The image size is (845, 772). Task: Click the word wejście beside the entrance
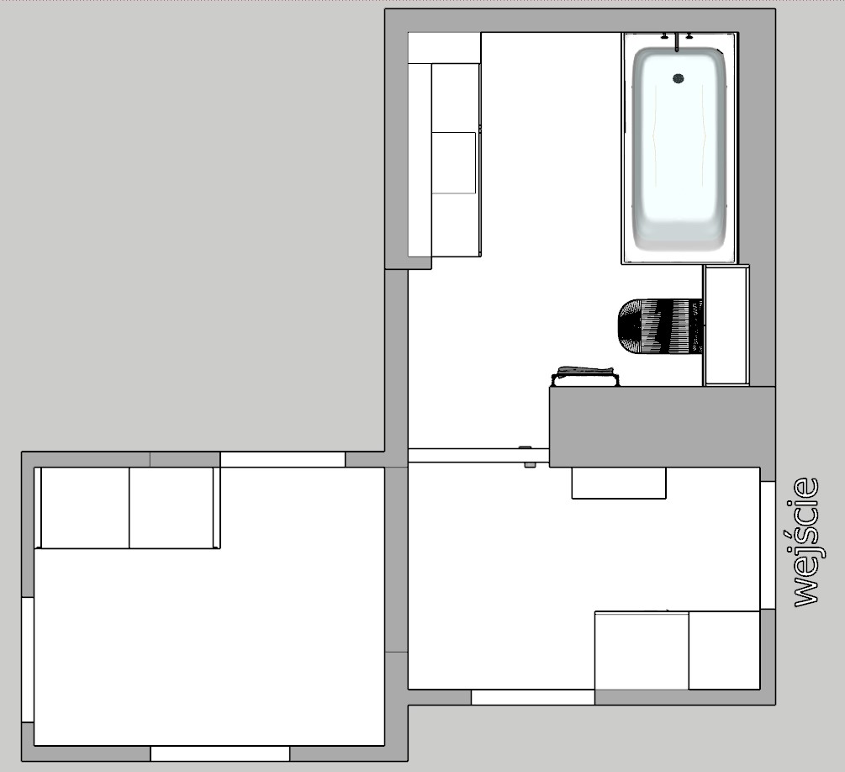click(x=806, y=542)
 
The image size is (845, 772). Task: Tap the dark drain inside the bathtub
click(x=679, y=79)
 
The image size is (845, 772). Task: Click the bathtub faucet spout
click(x=677, y=41)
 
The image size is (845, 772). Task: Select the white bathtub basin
click(x=679, y=149)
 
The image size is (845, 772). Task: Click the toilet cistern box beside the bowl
click(x=726, y=325)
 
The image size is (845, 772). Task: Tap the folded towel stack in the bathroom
click(x=584, y=377)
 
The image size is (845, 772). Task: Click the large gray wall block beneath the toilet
click(x=663, y=427)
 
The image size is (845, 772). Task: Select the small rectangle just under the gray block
click(x=619, y=483)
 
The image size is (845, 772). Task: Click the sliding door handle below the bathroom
click(x=528, y=456)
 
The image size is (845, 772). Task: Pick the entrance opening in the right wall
click(x=768, y=545)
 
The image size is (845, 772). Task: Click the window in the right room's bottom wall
click(x=533, y=697)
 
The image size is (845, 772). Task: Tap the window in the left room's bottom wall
click(x=220, y=753)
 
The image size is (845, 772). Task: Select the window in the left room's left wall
click(x=28, y=659)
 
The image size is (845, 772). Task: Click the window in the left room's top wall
click(x=283, y=459)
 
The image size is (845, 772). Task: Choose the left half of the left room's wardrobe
click(x=85, y=508)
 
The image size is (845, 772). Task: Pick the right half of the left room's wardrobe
click(x=172, y=508)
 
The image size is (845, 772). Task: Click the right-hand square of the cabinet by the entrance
click(x=724, y=650)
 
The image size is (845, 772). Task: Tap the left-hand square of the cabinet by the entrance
click(x=642, y=650)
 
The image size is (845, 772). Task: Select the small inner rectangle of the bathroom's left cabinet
click(x=454, y=163)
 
